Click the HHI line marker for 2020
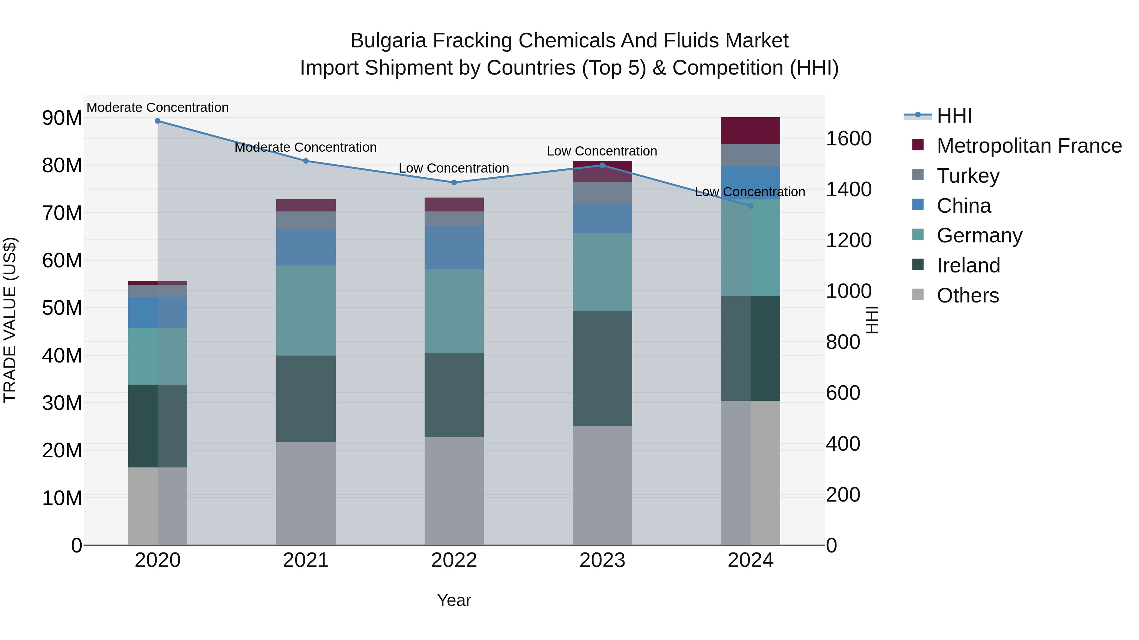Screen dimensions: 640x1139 tap(158, 121)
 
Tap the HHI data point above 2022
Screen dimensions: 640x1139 tap(454, 182)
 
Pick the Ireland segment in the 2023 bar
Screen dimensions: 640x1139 tap(602, 369)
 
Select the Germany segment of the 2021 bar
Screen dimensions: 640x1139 tap(306, 310)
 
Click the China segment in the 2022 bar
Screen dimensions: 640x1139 tap(454, 247)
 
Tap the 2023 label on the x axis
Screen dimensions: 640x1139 tap(602, 560)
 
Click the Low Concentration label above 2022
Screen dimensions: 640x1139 tap(454, 168)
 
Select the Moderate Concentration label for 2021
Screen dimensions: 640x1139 tap(306, 148)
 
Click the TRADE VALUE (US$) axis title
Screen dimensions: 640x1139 tap(10, 320)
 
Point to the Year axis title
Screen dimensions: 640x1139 tap(454, 600)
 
